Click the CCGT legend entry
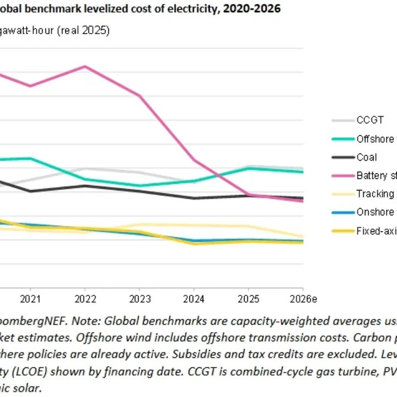click(x=369, y=120)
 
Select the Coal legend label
click(x=367, y=157)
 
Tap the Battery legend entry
click(x=375, y=176)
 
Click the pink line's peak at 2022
click(x=84, y=66)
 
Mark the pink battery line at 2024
click(x=194, y=160)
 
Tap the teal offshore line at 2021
click(x=30, y=158)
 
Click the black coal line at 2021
click(x=30, y=191)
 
